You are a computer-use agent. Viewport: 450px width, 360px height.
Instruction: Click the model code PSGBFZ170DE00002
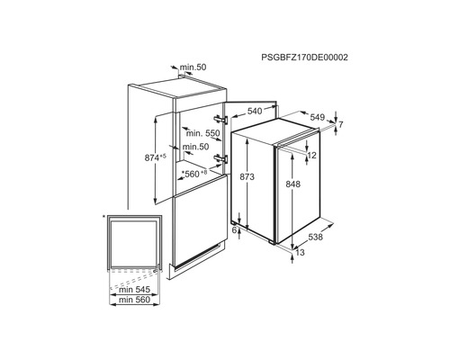click(x=304, y=58)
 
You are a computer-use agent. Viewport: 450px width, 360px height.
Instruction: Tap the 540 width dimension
click(x=255, y=112)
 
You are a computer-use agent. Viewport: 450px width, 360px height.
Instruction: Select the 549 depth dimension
click(x=318, y=117)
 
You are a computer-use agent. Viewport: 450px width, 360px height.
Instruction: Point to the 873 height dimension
click(x=247, y=177)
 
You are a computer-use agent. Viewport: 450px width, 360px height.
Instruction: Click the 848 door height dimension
click(x=292, y=184)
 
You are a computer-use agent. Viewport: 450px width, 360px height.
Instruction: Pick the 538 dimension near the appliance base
click(x=316, y=237)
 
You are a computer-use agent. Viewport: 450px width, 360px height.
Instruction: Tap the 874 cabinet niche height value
click(x=152, y=157)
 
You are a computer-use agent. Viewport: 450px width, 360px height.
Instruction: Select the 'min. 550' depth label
click(x=203, y=133)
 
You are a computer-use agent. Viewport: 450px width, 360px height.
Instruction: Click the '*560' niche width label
click(x=191, y=174)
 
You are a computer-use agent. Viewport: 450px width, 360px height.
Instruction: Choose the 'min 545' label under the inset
click(x=134, y=290)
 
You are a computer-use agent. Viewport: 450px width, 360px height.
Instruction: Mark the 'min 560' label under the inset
click(x=134, y=300)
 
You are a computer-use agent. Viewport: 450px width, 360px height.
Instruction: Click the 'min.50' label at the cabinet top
click(x=193, y=67)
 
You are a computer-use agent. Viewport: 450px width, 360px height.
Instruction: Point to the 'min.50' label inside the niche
click(x=195, y=147)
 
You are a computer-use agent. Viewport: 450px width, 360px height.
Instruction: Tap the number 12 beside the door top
click(x=312, y=156)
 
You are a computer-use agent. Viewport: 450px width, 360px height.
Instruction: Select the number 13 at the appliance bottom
click(x=300, y=252)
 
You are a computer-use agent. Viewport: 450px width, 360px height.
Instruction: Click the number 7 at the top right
click(x=340, y=124)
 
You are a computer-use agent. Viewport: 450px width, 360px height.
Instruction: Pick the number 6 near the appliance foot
click(x=235, y=230)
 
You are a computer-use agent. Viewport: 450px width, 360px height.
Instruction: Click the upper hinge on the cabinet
click(x=220, y=119)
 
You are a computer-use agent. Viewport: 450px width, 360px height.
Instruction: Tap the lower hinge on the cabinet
click(x=220, y=159)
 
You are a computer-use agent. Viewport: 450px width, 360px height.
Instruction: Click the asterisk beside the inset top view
click(x=103, y=217)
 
